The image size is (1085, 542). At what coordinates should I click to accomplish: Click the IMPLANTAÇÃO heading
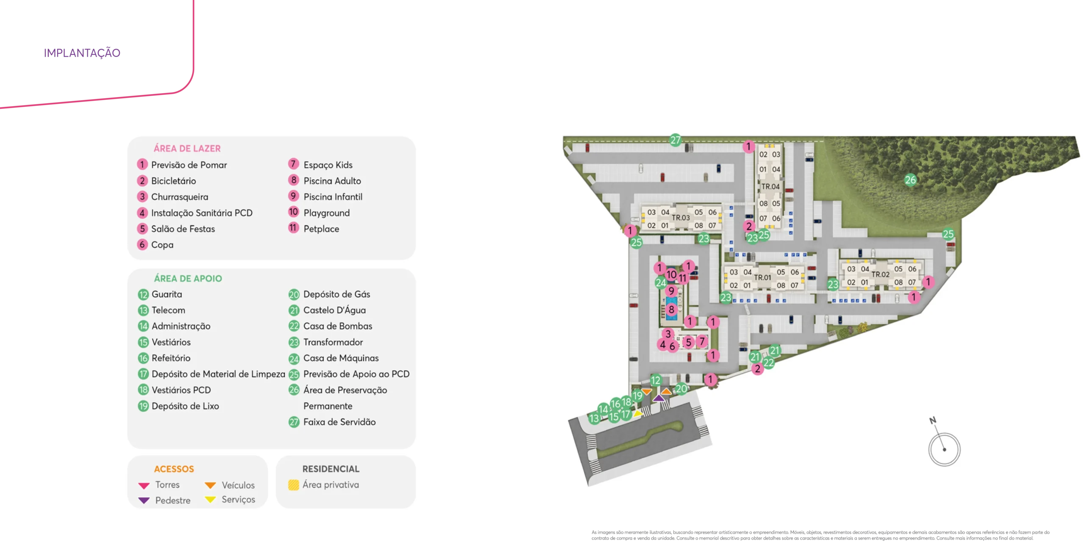[x=83, y=52]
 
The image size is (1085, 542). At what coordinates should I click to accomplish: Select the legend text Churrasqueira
[x=179, y=197]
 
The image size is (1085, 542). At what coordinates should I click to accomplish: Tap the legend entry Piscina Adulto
[x=332, y=181]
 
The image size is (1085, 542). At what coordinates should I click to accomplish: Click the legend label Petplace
[x=321, y=229]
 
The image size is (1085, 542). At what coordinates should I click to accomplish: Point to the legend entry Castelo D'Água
[x=334, y=310]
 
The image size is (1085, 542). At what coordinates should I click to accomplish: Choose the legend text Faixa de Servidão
[x=339, y=422]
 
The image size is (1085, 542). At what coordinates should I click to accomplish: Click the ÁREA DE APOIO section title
[x=188, y=278]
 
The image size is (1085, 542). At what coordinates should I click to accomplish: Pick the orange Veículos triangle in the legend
[x=210, y=485]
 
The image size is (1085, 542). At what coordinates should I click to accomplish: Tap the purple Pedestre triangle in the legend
[x=144, y=501]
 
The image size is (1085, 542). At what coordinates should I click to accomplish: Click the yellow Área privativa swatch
[x=293, y=485]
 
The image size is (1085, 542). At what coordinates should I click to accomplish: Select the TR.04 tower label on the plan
[x=770, y=186]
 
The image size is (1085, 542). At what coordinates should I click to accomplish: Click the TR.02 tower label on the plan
[x=880, y=274]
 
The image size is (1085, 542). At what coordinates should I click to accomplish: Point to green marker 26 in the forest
[x=910, y=180]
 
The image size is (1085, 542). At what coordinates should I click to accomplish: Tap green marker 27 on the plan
[x=675, y=140]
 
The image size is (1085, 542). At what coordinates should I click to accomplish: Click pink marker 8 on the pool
[x=671, y=310]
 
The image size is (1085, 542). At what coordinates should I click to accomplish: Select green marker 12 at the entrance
[x=656, y=380]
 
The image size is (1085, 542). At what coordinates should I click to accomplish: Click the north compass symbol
[x=944, y=449]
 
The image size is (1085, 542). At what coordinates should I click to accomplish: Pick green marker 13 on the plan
[x=594, y=418]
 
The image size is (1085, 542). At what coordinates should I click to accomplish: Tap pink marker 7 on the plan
[x=702, y=341]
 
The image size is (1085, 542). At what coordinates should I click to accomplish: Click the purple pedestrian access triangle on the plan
[x=659, y=398]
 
